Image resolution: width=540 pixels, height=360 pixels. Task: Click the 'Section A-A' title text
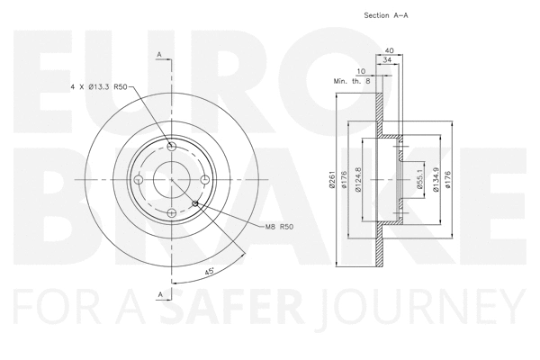pos(388,15)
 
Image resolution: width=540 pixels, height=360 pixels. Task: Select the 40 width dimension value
pos(389,50)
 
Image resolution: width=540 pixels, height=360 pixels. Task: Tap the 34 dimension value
pos(387,61)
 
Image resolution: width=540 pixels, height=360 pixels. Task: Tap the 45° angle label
pos(210,271)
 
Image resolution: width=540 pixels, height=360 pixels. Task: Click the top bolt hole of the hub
pos(171,147)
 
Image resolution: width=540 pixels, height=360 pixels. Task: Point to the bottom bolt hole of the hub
pos(171,212)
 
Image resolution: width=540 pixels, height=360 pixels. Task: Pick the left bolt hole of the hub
pos(139,180)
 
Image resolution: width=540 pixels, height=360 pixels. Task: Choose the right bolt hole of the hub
pos(204,180)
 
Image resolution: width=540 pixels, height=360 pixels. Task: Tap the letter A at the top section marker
pos(159,55)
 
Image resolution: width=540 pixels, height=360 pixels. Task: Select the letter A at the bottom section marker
pos(159,294)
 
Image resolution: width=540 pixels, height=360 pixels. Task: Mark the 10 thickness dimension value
pos(362,71)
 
